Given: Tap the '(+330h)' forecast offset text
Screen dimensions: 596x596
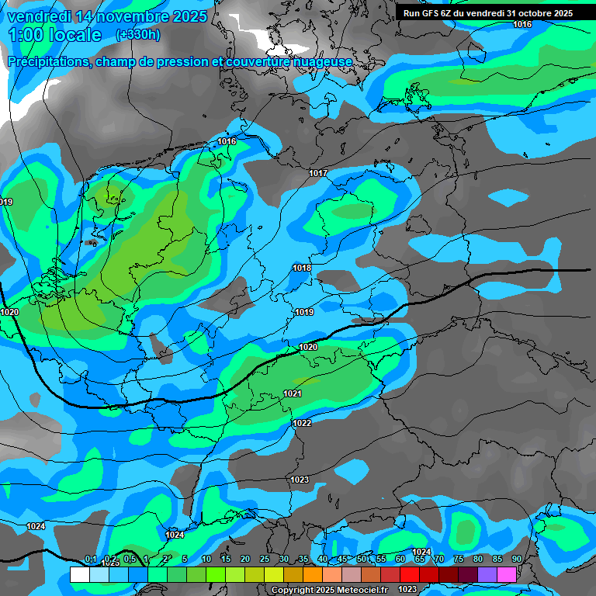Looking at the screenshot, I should (138, 35).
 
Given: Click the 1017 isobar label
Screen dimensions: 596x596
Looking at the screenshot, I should (318, 173).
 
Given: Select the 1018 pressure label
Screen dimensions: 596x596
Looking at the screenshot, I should (302, 268).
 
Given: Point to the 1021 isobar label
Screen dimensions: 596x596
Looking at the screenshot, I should (293, 394).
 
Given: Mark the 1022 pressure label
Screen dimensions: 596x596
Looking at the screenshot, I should (303, 423).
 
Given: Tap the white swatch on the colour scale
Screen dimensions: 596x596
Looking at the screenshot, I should (79, 574).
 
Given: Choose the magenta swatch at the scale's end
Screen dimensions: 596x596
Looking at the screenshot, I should (507, 574).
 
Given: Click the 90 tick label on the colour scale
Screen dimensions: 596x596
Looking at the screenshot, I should (516, 560).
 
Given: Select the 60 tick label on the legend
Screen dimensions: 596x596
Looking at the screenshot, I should (400, 560).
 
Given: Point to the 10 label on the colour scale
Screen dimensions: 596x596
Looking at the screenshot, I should (206, 560).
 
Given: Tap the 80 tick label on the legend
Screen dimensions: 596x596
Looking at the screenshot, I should (477, 560).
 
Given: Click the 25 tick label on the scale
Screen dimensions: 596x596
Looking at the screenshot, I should (264, 560).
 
